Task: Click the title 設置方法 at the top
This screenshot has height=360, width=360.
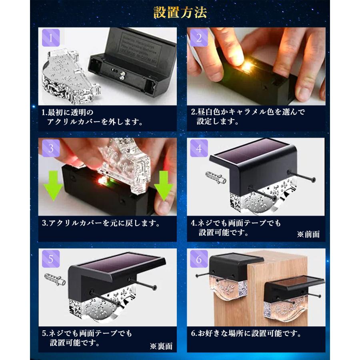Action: coord(180,13)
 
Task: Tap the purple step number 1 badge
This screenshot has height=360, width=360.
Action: coord(51,38)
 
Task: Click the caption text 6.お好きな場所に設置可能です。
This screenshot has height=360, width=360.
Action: coord(246,332)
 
